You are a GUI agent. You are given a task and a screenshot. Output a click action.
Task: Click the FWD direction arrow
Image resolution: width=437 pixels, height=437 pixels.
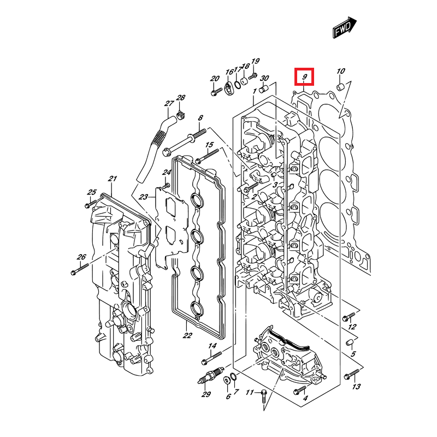(345, 27)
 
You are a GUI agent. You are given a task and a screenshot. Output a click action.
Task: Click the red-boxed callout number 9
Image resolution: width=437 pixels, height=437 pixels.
(304, 77)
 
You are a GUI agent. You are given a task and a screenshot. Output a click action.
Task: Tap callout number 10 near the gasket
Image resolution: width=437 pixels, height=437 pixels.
(340, 71)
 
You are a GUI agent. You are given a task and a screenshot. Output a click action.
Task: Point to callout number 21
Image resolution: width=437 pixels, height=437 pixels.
(113, 179)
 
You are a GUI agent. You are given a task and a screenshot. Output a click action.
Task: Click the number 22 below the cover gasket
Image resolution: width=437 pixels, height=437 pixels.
(187, 335)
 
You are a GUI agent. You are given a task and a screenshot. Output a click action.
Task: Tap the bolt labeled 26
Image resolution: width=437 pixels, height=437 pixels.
(79, 268)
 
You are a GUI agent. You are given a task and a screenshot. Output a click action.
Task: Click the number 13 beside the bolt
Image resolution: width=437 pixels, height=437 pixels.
(356, 387)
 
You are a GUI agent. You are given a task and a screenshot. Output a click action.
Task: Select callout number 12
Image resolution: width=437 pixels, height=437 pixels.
(352, 327)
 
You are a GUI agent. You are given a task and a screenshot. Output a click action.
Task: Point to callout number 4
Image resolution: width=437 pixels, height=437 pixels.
(305, 398)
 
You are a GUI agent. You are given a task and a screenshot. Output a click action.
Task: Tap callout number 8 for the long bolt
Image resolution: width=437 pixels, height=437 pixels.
(200, 118)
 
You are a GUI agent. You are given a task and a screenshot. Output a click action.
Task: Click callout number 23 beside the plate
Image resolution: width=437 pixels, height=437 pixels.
(144, 197)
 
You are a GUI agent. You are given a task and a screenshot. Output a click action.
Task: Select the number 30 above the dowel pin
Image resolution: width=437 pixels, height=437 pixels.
(264, 79)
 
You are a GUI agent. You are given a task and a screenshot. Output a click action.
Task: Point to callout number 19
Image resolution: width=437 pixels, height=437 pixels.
(255, 61)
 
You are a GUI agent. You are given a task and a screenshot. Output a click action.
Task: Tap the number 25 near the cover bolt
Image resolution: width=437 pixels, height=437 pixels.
(92, 192)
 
